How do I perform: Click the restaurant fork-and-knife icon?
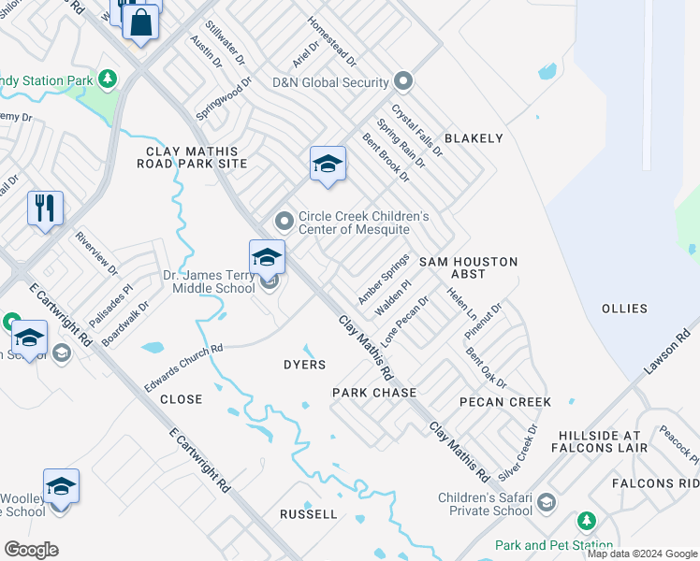point(45,208)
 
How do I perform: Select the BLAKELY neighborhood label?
point(474,138)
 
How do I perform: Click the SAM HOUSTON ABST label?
point(467,268)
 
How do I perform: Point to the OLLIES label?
point(624,309)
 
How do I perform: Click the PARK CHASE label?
point(374,393)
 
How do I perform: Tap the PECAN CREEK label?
point(505,402)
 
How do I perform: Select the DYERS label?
point(304,365)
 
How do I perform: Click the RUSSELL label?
point(309,514)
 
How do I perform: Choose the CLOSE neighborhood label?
point(181,399)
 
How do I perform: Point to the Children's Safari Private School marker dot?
point(547,503)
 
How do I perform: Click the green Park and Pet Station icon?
point(586,521)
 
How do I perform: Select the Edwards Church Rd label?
point(183,367)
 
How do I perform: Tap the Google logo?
point(31,549)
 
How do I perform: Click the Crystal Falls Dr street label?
point(416,129)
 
